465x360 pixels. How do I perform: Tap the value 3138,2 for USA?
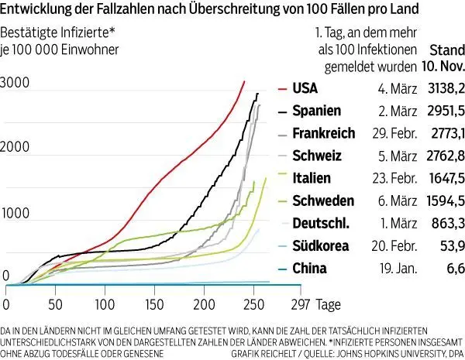pyautogui.click(x=443, y=87)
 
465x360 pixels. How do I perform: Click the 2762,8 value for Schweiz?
pyautogui.click(x=443, y=156)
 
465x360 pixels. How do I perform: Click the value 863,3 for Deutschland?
pyautogui.click(x=446, y=224)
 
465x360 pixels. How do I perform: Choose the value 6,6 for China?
pyautogui.click(x=454, y=269)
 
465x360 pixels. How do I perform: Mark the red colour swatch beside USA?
pyautogui.click(x=284, y=87)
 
